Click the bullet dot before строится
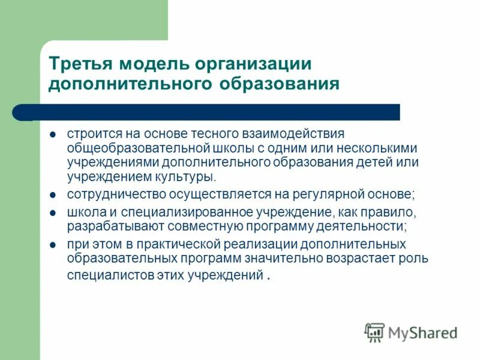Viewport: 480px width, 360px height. pos(53,134)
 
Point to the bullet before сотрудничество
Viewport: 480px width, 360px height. pos(53,196)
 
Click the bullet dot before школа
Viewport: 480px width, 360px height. pos(53,213)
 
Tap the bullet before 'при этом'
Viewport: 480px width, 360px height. pos(53,245)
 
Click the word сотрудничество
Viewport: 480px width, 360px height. pos(117,195)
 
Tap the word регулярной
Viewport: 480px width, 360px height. pos(324,195)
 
